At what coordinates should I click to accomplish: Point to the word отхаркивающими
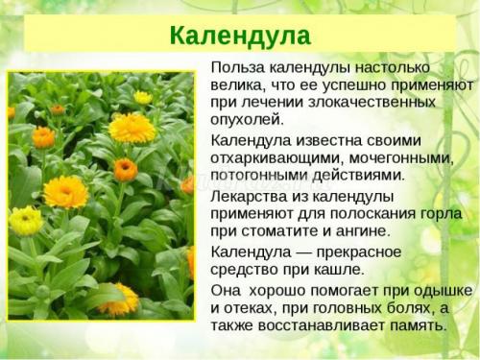tap(270, 157)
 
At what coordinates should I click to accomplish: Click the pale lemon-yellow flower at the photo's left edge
tap(25, 220)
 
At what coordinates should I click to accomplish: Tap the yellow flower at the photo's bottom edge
tap(119, 301)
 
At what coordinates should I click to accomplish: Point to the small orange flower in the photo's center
tap(125, 170)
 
